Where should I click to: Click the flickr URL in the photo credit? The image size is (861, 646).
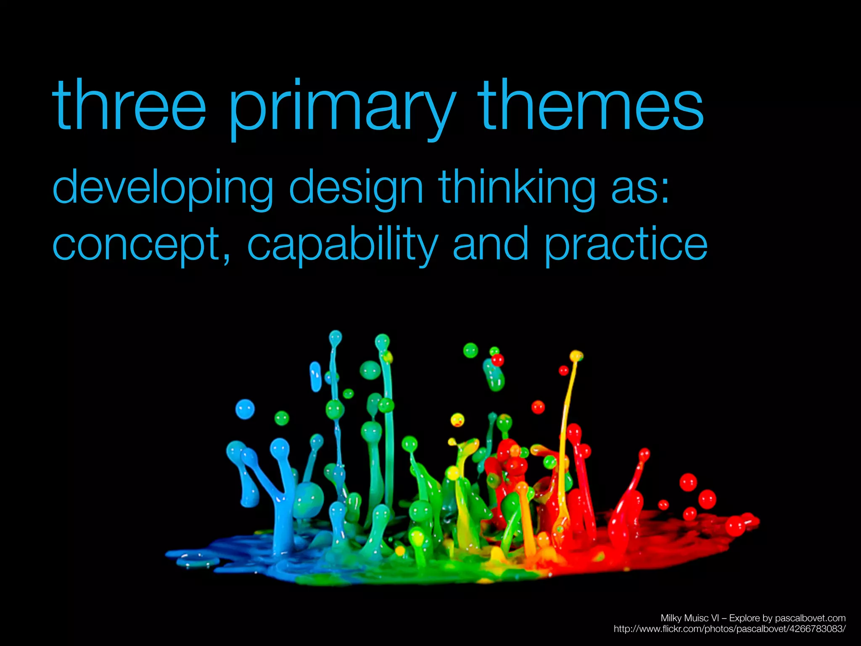(x=729, y=629)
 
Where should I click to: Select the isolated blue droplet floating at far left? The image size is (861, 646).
(x=245, y=409)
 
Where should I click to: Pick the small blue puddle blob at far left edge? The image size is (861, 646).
(x=198, y=561)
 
